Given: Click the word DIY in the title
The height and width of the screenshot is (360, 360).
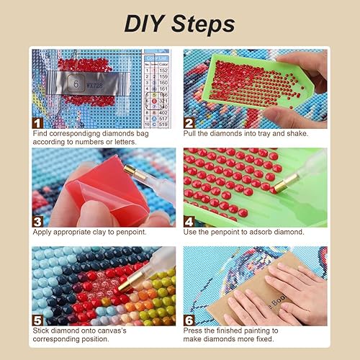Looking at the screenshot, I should click(147, 23).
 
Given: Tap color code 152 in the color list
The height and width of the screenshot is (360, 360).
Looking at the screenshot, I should click(163, 69).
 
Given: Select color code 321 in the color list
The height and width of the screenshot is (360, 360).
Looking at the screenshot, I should click(163, 101).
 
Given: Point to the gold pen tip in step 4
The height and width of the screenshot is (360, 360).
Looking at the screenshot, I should click(276, 186).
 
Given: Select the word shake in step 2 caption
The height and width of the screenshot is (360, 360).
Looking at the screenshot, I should click(297, 134).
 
